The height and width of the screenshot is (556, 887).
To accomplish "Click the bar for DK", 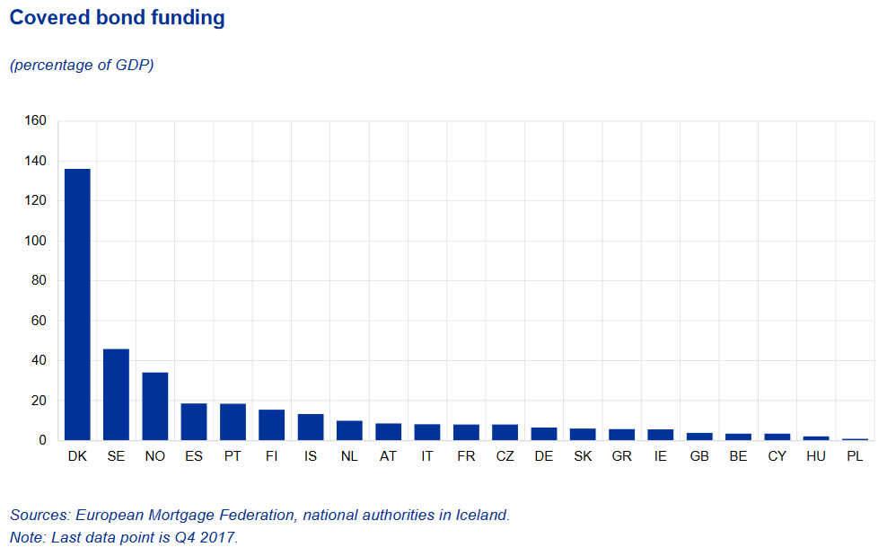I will [77, 304].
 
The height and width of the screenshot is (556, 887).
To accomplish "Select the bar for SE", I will [116, 394].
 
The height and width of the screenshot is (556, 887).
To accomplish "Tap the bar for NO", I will [155, 406].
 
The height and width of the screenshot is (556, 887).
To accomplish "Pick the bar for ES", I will [194, 422].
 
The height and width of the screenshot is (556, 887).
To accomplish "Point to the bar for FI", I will [271, 425].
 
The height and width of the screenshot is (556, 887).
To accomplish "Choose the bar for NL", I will [349, 430].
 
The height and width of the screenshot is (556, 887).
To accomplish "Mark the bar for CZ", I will [505, 432].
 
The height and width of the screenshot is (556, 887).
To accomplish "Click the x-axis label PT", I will [233, 456].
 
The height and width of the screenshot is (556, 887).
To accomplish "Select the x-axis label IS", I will [311, 456].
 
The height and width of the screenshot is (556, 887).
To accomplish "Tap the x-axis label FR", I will [466, 456].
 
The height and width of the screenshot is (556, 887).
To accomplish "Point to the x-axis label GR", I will [621, 456].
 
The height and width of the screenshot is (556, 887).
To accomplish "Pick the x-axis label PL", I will [855, 456].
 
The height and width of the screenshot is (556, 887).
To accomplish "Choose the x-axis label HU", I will [816, 456].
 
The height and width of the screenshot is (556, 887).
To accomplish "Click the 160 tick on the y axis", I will [35, 120].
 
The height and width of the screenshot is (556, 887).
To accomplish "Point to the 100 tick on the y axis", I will [35, 241].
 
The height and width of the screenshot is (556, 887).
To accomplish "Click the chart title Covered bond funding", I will [117, 18].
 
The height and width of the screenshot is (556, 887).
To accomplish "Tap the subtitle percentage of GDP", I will [82, 66].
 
